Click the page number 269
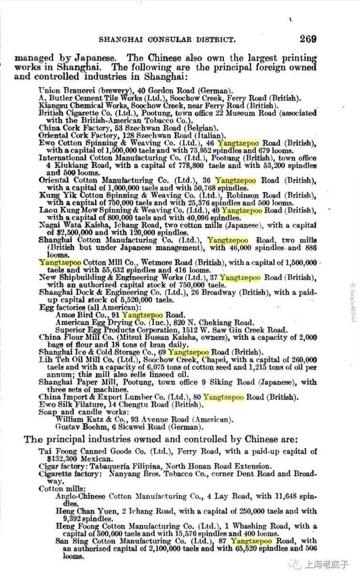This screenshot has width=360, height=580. [x=308, y=39]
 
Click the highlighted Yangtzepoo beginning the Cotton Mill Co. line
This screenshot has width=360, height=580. [x=55, y=263]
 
